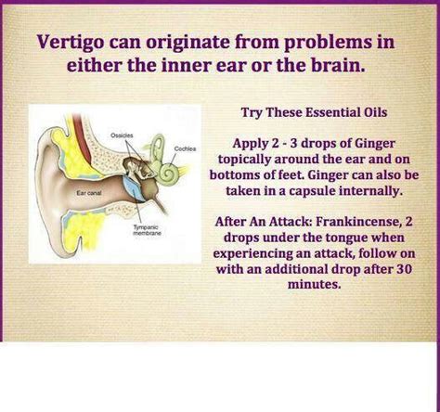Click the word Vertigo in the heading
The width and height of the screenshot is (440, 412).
click(71, 42)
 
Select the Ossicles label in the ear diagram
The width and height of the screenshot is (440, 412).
click(122, 135)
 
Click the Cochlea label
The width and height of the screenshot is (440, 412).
click(185, 148)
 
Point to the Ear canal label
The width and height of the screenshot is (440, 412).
click(89, 193)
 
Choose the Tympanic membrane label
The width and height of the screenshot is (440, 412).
click(147, 230)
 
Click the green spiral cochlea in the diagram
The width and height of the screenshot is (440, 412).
click(169, 173)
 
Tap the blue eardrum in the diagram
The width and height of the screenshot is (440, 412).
click(133, 189)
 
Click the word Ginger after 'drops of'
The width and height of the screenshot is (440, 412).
click(375, 144)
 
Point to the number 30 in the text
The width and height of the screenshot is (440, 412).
click(404, 269)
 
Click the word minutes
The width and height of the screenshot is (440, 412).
click(314, 284)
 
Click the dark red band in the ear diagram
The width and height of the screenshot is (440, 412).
click(83, 136)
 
